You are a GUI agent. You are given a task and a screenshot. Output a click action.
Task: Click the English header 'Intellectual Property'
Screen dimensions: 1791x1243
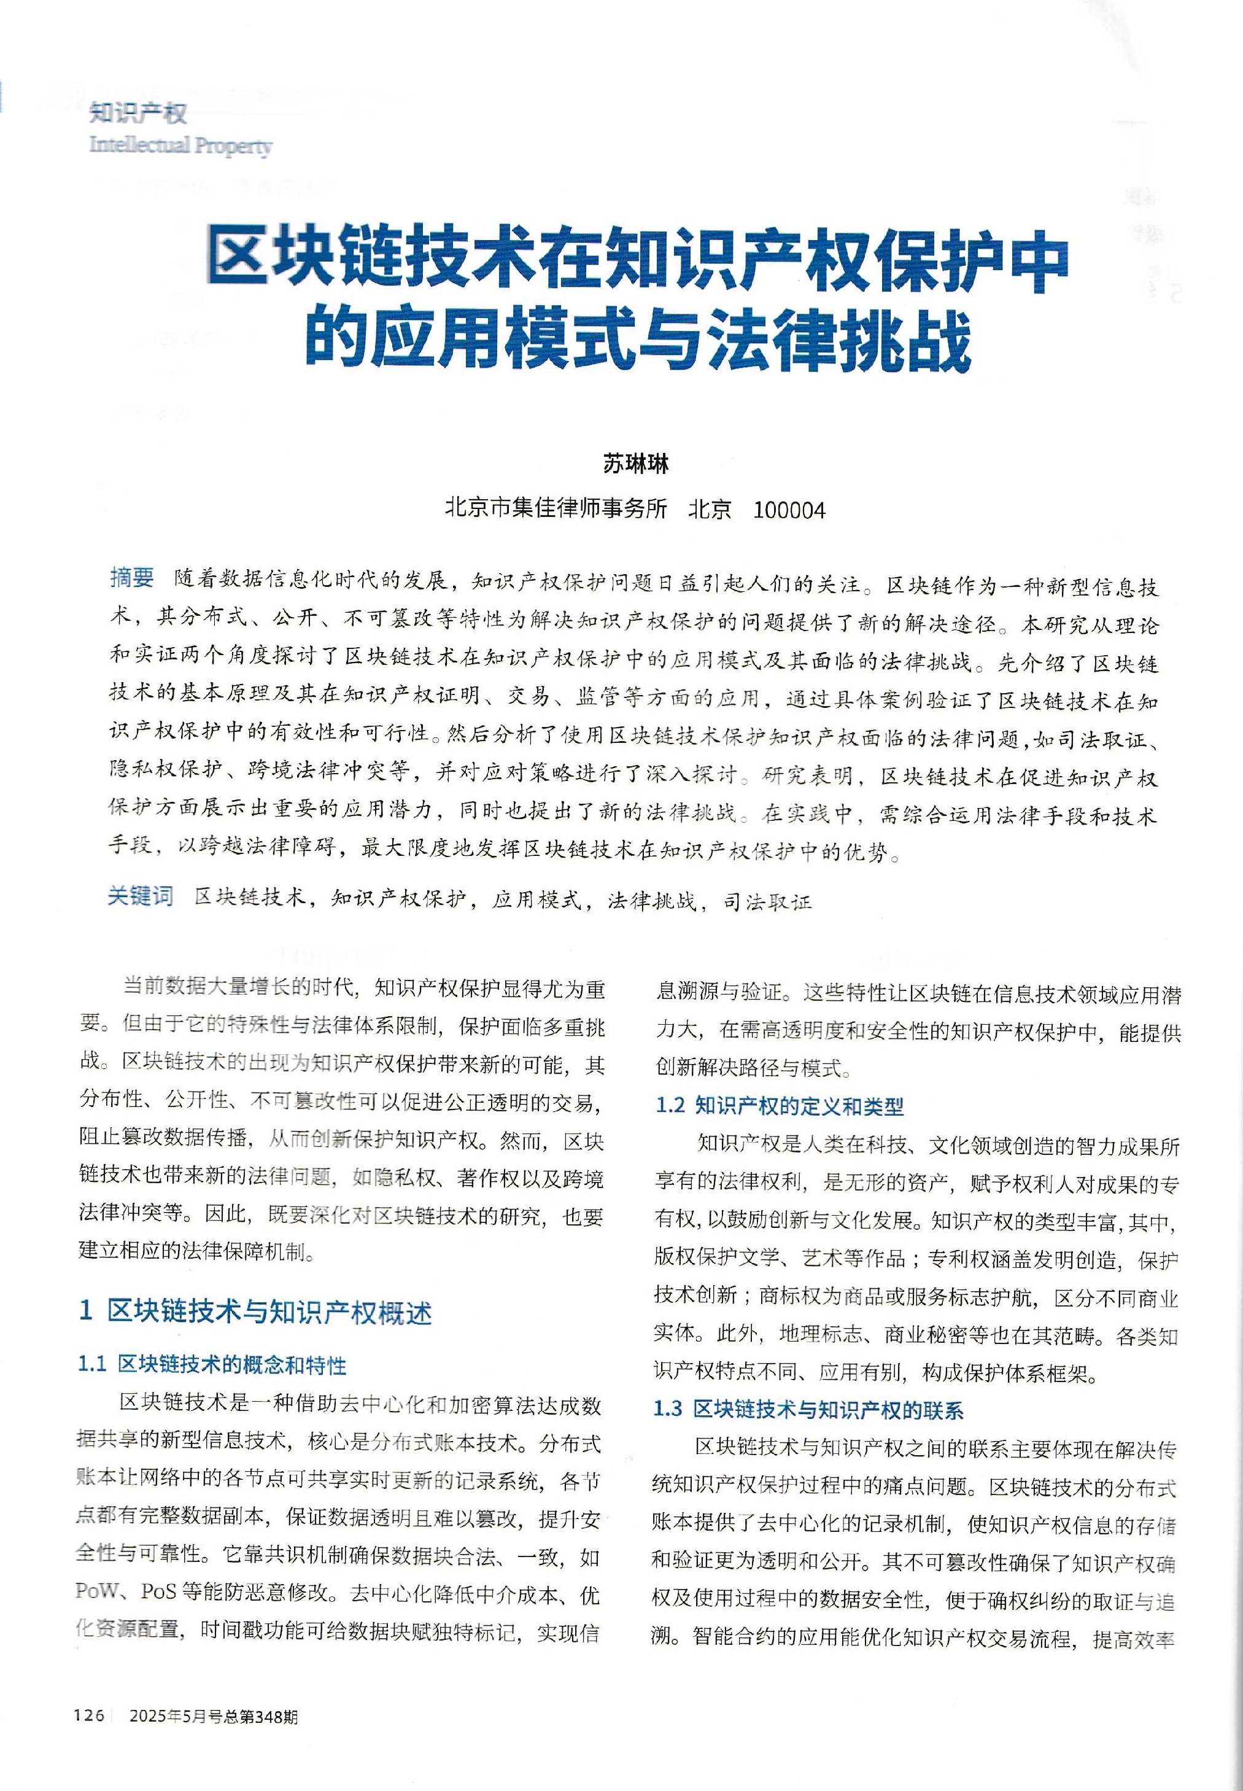[x=180, y=146]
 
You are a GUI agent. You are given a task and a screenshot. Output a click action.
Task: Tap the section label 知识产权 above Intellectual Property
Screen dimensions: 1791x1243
[x=138, y=114]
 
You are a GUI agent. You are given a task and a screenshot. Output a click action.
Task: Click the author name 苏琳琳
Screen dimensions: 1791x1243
[x=635, y=464]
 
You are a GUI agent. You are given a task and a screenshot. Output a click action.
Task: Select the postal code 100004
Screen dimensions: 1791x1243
[x=790, y=511]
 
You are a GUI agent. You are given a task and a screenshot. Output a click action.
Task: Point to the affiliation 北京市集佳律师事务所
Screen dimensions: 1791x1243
[x=556, y=510]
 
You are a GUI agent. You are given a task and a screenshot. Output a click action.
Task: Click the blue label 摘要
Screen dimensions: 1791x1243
[x=133, y=577]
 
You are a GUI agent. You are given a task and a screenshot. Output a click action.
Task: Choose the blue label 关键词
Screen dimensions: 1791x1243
[x=140, y=896]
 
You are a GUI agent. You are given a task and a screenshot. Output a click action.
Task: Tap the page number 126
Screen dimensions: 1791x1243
[x=90, y=1716]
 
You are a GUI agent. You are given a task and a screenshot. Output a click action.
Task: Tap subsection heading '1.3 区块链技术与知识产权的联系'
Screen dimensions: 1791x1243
[x=808, y=1408]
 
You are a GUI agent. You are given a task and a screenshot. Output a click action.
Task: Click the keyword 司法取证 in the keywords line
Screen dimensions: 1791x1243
[x=767, y=901]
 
